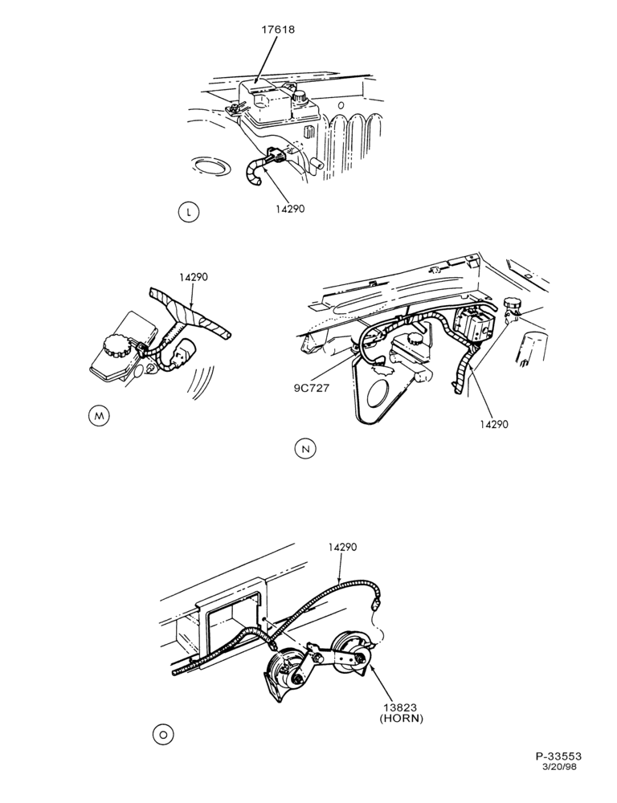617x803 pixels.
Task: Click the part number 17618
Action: point(278,29)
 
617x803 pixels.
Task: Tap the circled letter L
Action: point(190,212)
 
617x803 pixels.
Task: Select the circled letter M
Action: point(99,416)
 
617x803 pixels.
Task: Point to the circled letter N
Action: point(306,449)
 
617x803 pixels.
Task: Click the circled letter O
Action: point(163,735)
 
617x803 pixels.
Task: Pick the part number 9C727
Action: point(311,387)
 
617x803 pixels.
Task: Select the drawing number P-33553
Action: point(558,756)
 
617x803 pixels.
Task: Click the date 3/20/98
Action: point(562,766)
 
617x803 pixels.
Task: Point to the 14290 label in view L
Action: point(288,209)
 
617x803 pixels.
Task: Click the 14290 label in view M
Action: point(194,277)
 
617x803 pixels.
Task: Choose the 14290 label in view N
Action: point(494,424)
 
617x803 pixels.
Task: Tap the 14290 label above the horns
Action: point(342,547)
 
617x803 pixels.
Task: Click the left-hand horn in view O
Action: point(288,672)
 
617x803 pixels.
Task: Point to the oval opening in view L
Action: point(210,167)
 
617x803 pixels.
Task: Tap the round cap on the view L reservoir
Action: point(298,96)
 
